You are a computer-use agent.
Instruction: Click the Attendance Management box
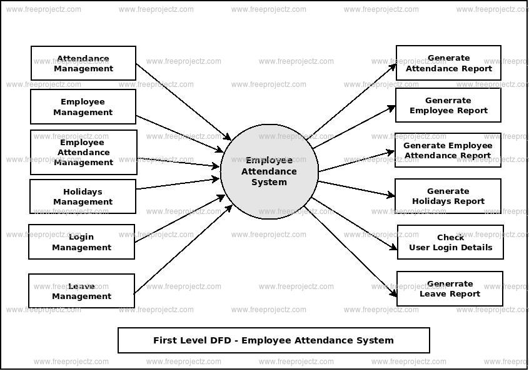83,63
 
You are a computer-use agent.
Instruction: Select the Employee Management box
83,106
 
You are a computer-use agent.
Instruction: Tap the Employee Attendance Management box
83,152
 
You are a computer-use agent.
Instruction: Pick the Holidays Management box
83,196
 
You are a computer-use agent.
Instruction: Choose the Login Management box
81,241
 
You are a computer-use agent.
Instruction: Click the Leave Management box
81,291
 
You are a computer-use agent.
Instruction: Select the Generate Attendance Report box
448,63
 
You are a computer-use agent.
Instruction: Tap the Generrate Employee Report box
448,105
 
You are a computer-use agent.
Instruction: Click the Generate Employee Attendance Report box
448,150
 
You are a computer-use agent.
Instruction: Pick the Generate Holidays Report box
448,196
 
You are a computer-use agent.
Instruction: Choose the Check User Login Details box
450,242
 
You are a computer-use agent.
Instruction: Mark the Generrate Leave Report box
450,288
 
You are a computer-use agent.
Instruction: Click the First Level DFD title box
273,340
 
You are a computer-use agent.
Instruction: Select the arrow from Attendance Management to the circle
183,102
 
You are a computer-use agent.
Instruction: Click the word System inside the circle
269,182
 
